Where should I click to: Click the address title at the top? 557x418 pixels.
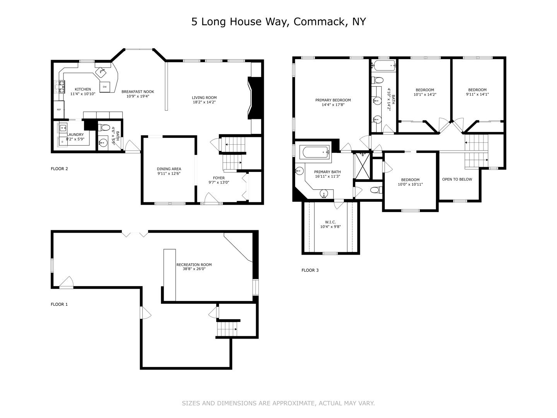(278, 22)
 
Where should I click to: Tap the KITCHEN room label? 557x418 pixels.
(83, 89)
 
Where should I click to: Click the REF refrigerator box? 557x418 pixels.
(59, 110)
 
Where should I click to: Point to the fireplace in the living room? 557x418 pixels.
(255, 98)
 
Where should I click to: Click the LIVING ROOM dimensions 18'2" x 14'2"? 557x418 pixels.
(204, 102)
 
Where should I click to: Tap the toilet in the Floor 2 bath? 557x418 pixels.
(103, 127)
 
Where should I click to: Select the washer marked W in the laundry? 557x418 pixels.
(62, 128)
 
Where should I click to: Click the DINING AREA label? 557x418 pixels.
(169, 169)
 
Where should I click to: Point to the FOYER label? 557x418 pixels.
(219, 178)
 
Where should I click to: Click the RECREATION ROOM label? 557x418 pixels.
(194, 265)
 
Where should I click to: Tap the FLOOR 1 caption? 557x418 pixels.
(59, 304)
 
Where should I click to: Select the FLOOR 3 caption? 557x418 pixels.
(310, 270)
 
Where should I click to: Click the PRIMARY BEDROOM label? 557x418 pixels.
(333, 100)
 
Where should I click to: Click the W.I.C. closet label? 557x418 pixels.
(330, 222)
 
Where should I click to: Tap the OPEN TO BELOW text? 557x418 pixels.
(457, 179)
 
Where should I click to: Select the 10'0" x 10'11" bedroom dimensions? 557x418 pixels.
(410, 185)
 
